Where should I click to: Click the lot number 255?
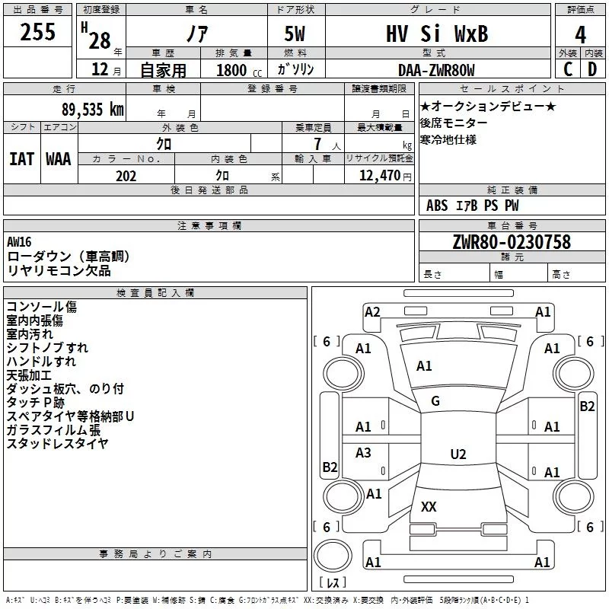[38, 33]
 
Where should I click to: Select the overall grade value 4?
[581, 34]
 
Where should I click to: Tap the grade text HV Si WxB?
[436, 34]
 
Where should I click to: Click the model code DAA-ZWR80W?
[436, 71]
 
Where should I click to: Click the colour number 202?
[126, 176]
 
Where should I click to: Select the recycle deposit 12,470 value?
[381, 176]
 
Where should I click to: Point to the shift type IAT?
[22, 158]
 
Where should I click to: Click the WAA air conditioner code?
[59, 158]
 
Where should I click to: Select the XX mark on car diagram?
[429, 506]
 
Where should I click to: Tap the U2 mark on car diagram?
[458, 454]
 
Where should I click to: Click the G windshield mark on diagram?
[435, 401]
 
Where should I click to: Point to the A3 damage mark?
[364, 453]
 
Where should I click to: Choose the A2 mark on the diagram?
[372, 311]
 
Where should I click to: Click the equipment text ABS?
[437, 206]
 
